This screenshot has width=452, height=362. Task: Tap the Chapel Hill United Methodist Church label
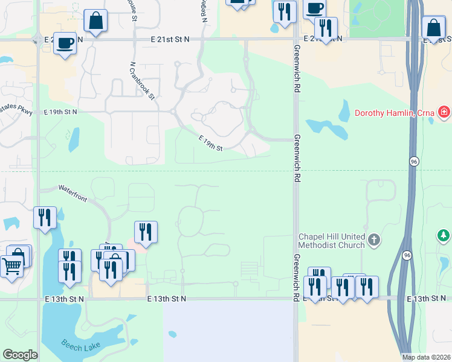tap(332, 241)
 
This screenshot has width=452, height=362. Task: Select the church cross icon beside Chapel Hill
tap(374, 240)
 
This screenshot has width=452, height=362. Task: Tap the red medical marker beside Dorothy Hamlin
tap(444, 112)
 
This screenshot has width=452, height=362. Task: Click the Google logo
tap(20, 354)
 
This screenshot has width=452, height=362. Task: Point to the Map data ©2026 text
tap(426, 357)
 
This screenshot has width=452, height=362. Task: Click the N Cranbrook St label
tap(143, 80)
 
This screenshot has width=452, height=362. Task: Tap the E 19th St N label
tap(61, 112)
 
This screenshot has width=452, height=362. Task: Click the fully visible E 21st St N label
tap(170, 39)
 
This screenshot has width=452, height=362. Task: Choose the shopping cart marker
tap(11, 266)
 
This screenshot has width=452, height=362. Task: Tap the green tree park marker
tap(444, 235)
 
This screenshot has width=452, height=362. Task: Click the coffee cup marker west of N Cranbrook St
tap(65, 43)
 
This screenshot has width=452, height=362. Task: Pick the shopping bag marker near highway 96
tap(434, 28)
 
